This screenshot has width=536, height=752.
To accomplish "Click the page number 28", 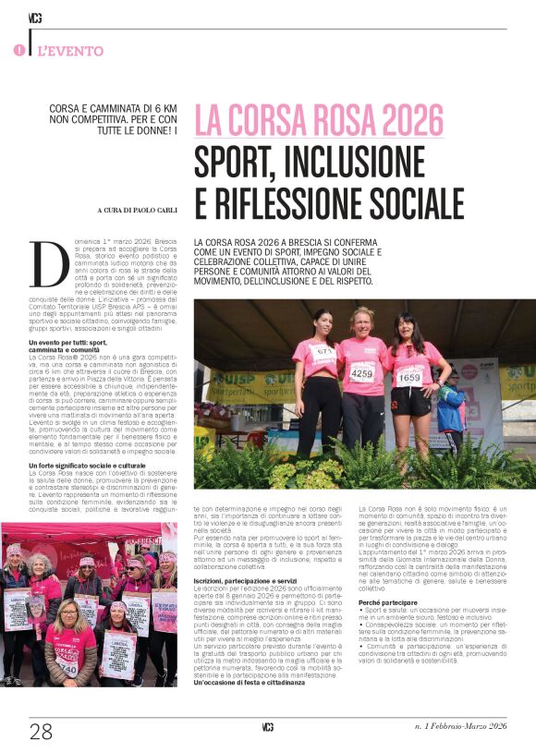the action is point(41,732).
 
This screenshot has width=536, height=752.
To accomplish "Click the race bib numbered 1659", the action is point(409,376).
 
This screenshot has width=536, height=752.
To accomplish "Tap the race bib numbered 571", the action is point(323,352).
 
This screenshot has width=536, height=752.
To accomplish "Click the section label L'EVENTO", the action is point(71,51).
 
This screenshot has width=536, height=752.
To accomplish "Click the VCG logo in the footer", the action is point(268,727).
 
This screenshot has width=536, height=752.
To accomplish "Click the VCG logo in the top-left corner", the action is point(35,18).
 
